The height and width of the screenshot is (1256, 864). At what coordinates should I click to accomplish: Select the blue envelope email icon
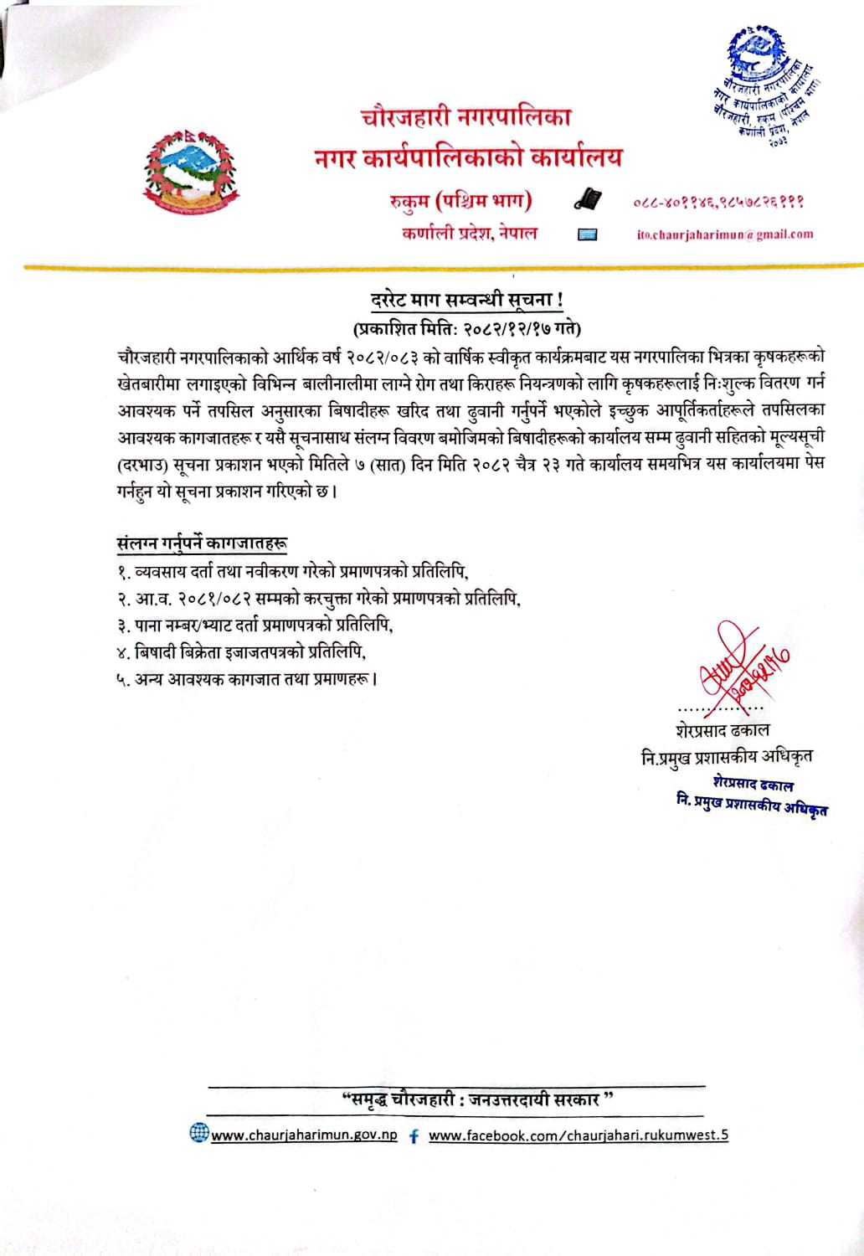click(x=587, y=235)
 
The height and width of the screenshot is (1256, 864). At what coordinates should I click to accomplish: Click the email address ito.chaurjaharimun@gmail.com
click(x=724, y=234)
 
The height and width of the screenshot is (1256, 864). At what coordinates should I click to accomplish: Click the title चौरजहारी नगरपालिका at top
click(x=465, y=121)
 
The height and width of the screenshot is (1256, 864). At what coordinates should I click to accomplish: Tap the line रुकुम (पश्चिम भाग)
click(x=461, y=201)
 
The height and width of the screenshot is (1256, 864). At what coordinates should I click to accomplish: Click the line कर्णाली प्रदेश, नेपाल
click(x=470, y=233)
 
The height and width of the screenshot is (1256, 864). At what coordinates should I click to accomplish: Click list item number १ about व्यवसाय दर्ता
click(x=292, y=572)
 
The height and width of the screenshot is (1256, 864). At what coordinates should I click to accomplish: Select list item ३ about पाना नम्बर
click(x=255, y=625)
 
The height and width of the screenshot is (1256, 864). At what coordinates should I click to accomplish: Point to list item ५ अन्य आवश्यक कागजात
click(x=247, y=678)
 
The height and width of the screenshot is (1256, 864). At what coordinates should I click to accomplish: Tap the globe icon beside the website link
click(x=199, y=1134)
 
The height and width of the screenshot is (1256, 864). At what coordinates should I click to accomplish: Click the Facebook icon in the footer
click(x=414, y=1136)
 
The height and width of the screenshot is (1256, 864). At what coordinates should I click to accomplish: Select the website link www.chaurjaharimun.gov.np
click(x=304, y=1135)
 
